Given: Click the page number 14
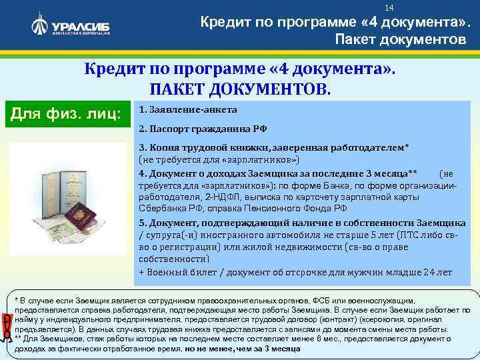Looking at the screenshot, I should (390, 7).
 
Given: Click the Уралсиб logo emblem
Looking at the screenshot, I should (40, 27).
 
